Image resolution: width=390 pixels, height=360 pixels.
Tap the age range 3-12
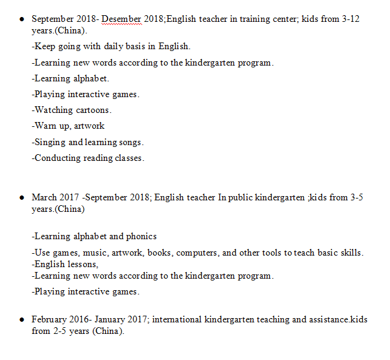(x=350, y=19)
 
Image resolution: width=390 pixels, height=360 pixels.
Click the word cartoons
(x=94, y=110)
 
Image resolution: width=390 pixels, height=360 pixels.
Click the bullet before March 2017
(x=21, y=198)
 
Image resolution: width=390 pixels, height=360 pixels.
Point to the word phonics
(x=142, y=236)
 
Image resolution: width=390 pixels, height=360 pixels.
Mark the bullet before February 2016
(x=21, y=319)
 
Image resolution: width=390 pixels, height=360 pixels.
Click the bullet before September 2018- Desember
(x=21, y=19)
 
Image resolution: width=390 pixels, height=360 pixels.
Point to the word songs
(x=130, y=142)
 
